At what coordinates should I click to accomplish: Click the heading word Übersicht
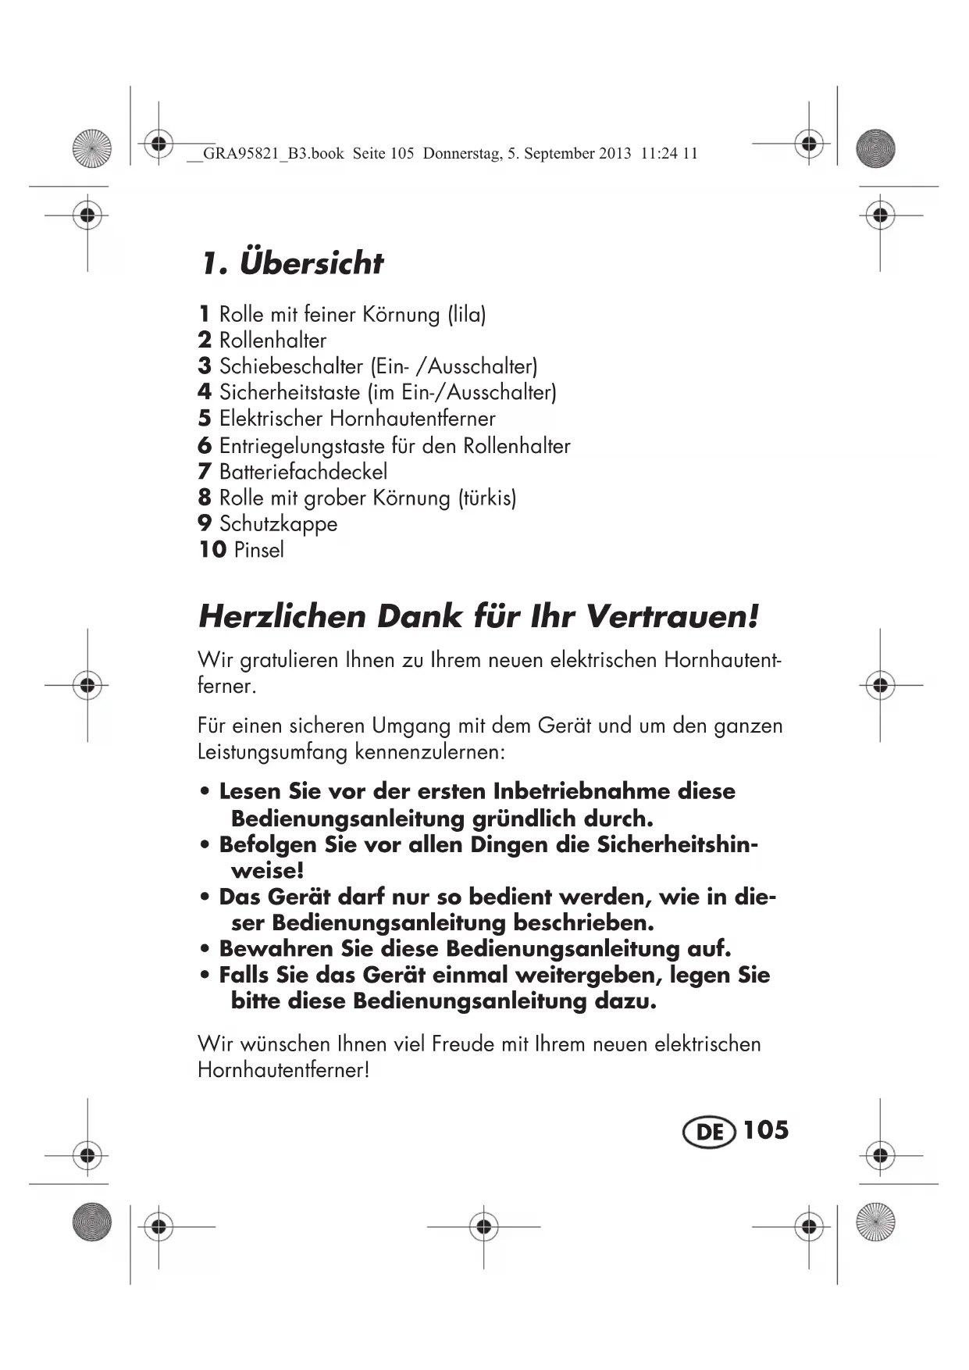tap(312, 263)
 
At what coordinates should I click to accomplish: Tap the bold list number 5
tap(205, 419)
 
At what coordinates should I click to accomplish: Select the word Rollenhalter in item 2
tap(273, 341)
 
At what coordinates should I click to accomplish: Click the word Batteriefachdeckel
tap(303, 472)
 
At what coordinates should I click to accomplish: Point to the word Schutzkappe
tap(278, 524)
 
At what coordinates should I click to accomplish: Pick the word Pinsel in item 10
tap(258, 550)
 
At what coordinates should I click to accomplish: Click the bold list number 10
tap(212, 550)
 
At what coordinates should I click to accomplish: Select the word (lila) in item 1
tap(466, 315)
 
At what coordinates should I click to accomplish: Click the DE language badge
tap(709, 1132)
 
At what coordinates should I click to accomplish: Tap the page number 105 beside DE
tap(765, 1130)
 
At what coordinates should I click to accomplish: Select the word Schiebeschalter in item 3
tap(291, 366)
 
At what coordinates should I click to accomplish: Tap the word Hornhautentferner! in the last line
tap(283, 1070)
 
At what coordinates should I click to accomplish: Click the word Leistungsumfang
tap(273, 752)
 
